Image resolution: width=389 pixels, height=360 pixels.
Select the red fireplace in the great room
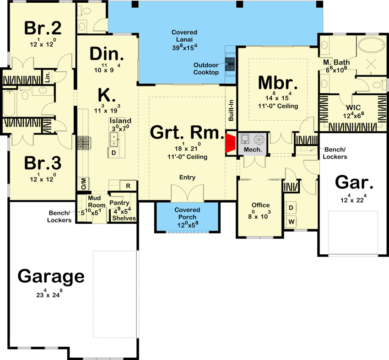coord(230,142)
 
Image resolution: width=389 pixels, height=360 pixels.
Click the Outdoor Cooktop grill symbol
coord(230,63)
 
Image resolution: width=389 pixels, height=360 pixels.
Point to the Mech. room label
coord(252,150)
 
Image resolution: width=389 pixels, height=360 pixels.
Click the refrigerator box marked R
coord(129,185)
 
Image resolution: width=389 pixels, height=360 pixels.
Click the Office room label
coord(260,205)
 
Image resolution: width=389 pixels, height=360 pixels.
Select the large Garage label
coord(51,277)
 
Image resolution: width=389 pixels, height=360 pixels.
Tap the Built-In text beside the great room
coord(231,110)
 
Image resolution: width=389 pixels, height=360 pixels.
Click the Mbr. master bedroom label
coord(278,83)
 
